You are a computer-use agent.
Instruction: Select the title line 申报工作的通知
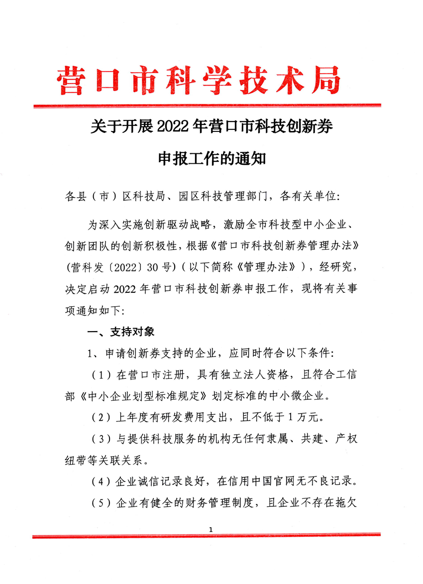tap(212, 159)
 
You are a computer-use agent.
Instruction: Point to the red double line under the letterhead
tap(207, 106)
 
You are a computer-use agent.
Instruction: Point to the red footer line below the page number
tap(207, 536)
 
